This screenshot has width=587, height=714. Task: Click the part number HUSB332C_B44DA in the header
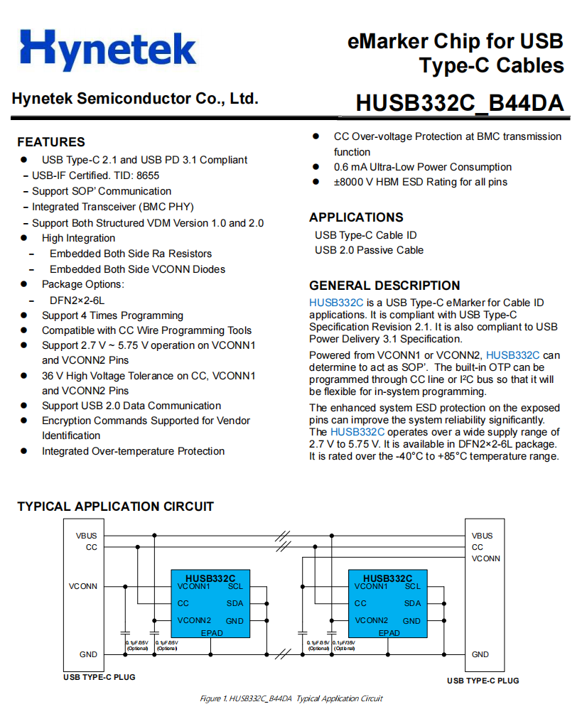click(460, 104)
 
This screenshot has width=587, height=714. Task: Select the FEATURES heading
click(51, 141)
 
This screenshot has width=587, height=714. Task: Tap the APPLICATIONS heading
click(356, 217)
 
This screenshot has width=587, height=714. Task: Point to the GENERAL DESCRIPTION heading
click(384, 286)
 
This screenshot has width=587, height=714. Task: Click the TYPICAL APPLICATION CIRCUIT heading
click(115, 507)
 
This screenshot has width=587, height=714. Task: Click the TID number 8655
click(147, 175)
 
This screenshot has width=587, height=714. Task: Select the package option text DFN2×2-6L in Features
click(77, 300)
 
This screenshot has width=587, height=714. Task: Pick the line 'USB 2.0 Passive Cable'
click(369, 250)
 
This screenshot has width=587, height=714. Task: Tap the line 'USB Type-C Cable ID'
click(365, 235)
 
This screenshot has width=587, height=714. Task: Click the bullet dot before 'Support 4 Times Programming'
click(24, 315)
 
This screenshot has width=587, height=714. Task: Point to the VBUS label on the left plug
click(86, 536)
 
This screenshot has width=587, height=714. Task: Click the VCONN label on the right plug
click(485, 558)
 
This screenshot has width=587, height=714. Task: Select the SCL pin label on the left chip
click(235, 586)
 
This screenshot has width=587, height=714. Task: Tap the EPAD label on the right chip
click(389, 633)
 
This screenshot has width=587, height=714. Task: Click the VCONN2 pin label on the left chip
click(193, 620)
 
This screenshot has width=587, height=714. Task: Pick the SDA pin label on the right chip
click(413, 603)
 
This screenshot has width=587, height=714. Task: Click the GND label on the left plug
click(88, 654)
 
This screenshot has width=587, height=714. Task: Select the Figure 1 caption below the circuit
click(291, 698)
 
